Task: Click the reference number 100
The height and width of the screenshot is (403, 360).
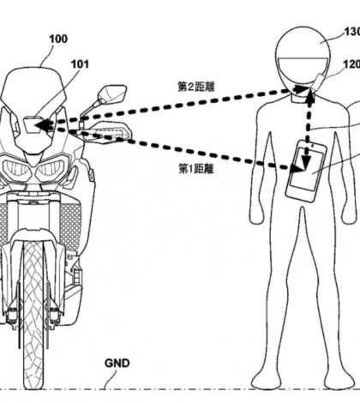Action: point(58,39)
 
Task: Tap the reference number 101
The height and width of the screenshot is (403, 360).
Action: point(80,64)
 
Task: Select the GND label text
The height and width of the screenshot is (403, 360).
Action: point(117,364)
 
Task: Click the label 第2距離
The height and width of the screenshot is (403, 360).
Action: point(196,87)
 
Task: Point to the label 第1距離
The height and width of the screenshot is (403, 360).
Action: point(196,169)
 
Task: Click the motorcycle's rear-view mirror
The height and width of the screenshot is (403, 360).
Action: point(112,93)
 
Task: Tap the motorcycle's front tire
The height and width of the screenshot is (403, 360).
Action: point(33,315)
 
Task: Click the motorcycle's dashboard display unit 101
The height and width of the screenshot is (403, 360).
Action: point(33,125)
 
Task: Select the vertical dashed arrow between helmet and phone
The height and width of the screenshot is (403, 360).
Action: point(309,130)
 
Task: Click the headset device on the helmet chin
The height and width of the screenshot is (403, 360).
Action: point(317,83)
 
